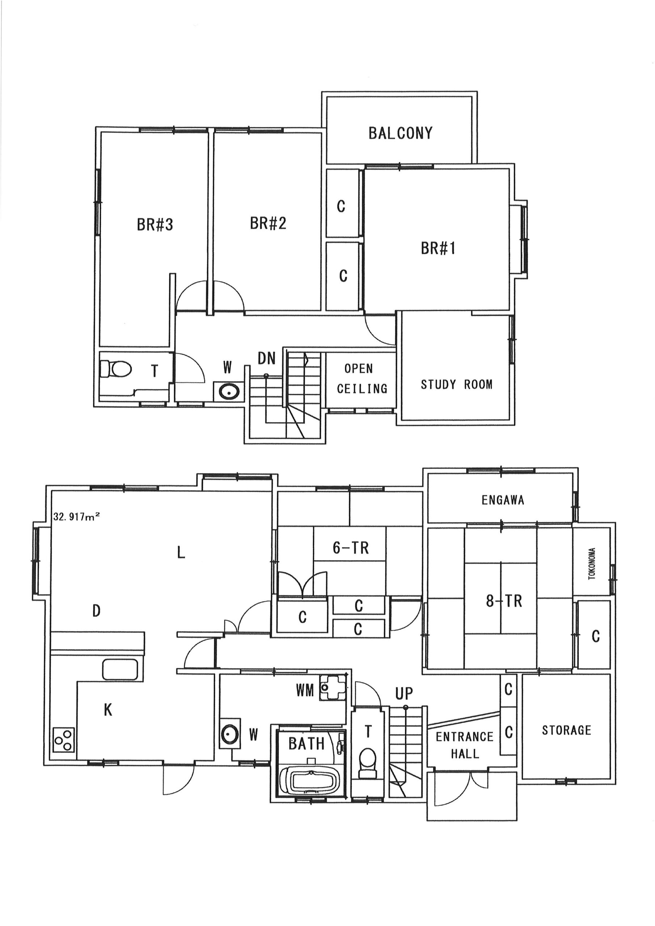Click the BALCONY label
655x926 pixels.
coord(400,133)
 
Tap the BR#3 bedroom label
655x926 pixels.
coord(155,225)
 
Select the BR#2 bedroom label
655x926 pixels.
coord(268,223)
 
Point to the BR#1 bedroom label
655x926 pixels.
coord(438,249)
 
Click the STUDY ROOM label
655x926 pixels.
coord(456,385)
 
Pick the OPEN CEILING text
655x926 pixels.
coord(362,378)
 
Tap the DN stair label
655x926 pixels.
coord(266,358)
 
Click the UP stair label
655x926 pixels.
coord(404,694)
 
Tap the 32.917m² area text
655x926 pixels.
coord(77,517)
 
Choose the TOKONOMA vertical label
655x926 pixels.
coord(592,564)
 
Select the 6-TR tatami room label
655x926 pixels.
coord(351,548)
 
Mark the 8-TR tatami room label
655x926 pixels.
coord(504,601)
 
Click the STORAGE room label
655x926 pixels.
coord(566,730)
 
